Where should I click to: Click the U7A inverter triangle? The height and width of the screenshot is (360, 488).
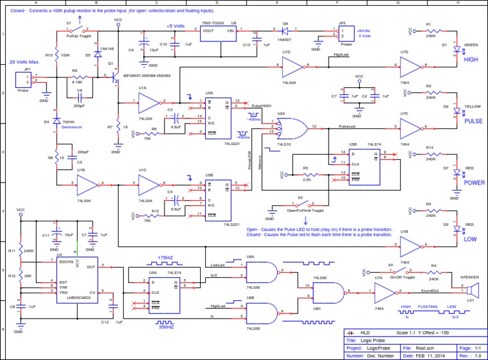(384, 293)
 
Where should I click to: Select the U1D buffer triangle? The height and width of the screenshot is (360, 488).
(293, 64)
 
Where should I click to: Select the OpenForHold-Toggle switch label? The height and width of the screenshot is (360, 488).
(305, 211)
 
